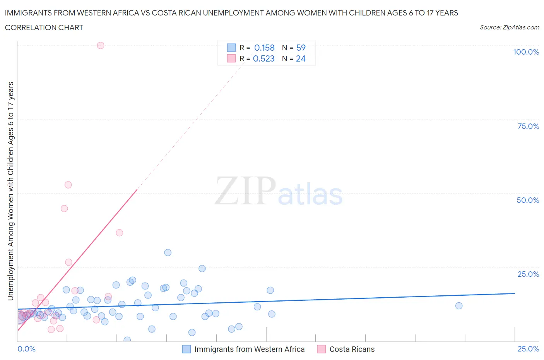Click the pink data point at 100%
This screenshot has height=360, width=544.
tap(101, 45)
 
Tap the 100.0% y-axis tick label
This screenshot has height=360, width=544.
tap(526, 52)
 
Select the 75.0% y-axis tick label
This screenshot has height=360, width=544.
tap(528, 126)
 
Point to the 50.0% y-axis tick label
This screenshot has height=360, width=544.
tap(528, 200)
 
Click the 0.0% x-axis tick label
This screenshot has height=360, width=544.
tap(26, 349)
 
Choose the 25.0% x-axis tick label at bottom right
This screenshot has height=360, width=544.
tap(528, 349)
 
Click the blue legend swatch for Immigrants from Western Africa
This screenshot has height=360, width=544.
tap(186, 349)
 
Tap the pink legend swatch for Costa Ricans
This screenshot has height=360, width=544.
tap(321, 349)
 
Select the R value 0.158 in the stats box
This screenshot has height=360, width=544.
tap(264, 48)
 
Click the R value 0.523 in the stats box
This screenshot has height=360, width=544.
tap(263, 58)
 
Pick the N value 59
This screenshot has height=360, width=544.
tap(301, 48)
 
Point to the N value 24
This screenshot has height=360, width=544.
tap(301, 58)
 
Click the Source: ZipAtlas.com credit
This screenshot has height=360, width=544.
tap(509, 27)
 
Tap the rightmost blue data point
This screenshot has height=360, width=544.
tap(459, 306)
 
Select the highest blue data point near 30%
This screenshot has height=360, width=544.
tap(168, 252)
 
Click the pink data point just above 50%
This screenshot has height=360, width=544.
tap(68, 185)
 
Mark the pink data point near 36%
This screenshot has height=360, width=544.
tap(120, 233)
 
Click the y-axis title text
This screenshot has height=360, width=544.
tap(10, 191)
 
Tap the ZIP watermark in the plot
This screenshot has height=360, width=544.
tap(245, 190)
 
